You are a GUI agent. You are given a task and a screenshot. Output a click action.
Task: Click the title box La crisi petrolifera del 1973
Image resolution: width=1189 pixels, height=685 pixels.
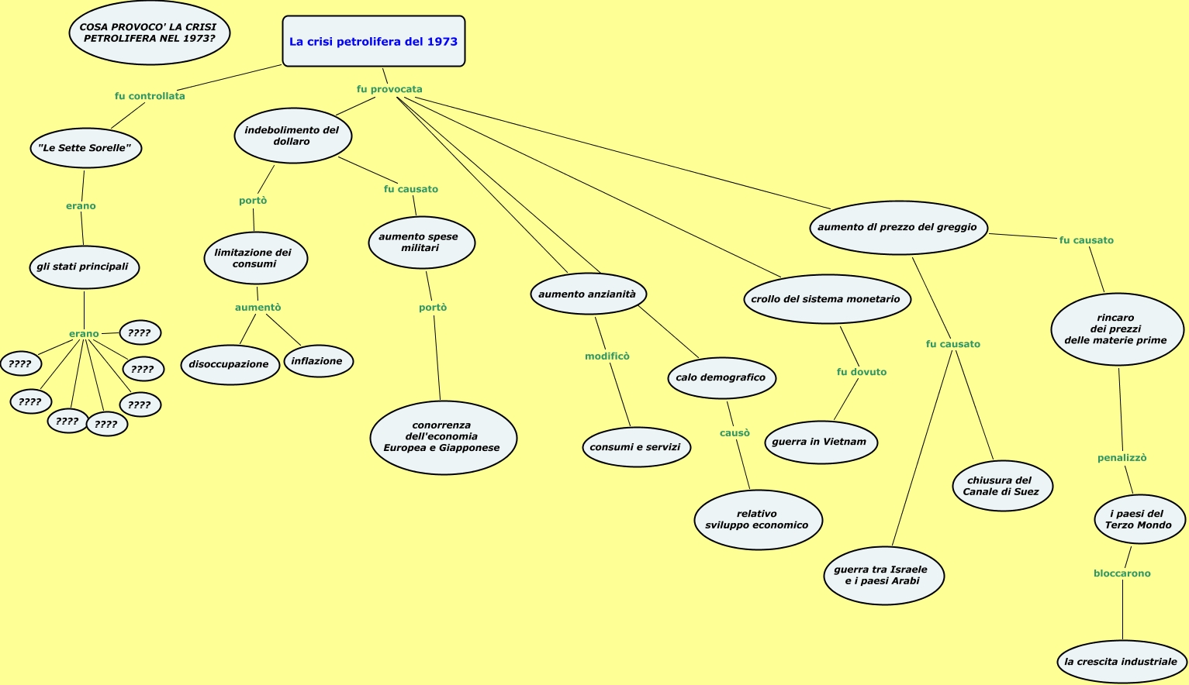(x=373, y=42)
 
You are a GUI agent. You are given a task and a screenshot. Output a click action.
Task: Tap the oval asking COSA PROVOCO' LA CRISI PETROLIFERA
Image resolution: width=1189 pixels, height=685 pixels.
(x=149, y=33)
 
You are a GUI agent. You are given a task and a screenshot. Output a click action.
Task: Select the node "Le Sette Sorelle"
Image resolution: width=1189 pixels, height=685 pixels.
(x=85, y=148)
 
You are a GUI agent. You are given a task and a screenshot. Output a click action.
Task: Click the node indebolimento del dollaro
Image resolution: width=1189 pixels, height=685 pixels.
(x=292, y=136)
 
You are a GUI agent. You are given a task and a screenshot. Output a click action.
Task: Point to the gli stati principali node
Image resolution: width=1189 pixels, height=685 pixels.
(x=83, y=267)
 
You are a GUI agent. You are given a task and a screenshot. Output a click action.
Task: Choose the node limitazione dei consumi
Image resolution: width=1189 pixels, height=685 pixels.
(x=255, y=258)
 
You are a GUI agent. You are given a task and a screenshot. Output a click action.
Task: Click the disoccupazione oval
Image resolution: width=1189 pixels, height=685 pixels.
(x=229, y=364)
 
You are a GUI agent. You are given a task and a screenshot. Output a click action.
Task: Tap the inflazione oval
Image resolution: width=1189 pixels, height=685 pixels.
(x=317, y=361)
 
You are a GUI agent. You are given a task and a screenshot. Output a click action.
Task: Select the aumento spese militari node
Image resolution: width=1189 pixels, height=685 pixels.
(x=420, y=243)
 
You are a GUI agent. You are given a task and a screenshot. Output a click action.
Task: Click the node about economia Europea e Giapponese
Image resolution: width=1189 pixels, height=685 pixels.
(x=443, y=437)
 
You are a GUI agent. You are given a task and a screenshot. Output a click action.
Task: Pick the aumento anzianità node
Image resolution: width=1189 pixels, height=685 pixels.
(x=588, y=294)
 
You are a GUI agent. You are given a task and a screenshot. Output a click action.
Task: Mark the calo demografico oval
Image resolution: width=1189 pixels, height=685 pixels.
(x=721, y=378)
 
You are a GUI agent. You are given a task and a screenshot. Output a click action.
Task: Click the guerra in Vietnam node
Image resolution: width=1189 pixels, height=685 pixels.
(x=820, y=442)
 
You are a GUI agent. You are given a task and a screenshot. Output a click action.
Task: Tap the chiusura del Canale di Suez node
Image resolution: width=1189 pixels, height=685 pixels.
(x=1001, y=486)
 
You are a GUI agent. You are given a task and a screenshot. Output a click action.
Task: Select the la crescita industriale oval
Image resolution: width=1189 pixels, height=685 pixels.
(x=1121, y=662)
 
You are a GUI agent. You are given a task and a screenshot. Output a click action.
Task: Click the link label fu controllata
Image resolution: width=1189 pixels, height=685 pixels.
(x=150, y=96)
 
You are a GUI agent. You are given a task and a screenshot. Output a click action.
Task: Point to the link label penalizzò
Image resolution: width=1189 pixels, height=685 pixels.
(x=1122, y=458)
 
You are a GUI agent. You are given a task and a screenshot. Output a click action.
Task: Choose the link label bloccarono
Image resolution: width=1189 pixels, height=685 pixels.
(x=1122, y=573)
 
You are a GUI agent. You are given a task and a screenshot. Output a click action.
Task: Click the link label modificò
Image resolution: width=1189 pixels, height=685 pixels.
(x=607, y=356)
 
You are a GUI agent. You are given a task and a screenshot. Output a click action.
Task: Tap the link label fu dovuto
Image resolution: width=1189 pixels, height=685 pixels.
(x=861, y=372)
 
